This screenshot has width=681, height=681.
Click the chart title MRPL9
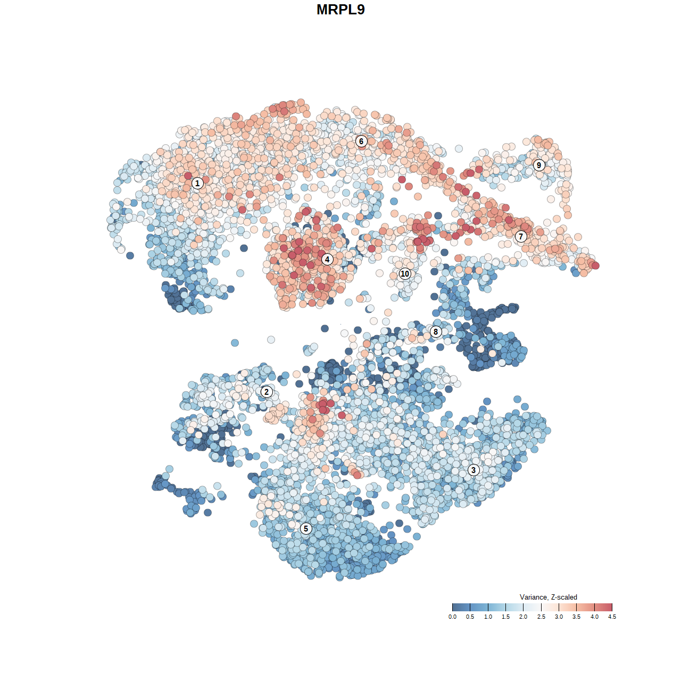tap(340, 10)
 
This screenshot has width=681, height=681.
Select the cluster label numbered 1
tap(197, 183)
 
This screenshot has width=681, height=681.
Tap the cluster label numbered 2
tap(267, 392)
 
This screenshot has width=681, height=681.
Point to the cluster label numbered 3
tap(474, 470)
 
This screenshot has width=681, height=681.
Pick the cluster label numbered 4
tap(327, 259)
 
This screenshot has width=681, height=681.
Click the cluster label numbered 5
tap(306, 528)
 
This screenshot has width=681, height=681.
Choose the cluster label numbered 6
tap(361, 141)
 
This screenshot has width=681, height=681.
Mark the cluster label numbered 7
tap(521, 236)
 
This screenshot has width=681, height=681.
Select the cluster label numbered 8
tap(436, 331)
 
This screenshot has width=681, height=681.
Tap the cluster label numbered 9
tap(539, 165)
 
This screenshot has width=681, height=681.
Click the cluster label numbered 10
tap(405, 274)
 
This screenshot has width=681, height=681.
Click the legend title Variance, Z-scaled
tap(548, 597)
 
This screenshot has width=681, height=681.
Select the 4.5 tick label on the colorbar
tap(612, 617)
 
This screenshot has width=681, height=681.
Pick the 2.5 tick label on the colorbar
tap(541, 617)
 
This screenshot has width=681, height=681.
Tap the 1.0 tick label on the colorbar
tap(488, 617)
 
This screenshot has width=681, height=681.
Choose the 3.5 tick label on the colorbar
tap(577, 617)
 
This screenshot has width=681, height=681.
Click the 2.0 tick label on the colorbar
tap(524, 617)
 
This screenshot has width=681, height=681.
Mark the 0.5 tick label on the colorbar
tap(470, 617)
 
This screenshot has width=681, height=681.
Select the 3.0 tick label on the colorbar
tap(559, 617)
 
